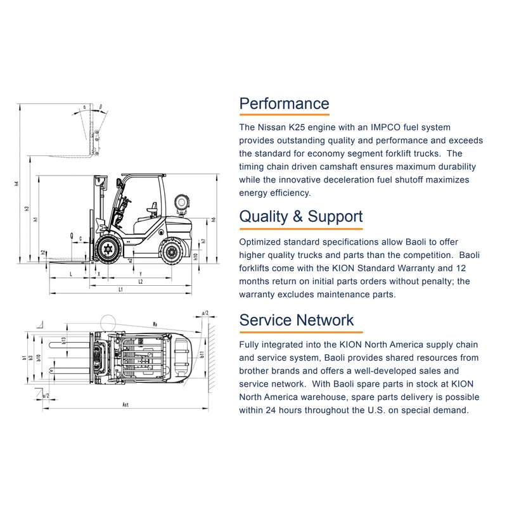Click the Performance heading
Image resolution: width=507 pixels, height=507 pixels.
click(284, 103)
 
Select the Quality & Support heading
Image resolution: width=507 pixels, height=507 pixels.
click(300, 217)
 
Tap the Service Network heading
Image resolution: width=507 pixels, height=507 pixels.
click(296, 320)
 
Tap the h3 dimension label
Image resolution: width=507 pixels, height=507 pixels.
click(27, 208)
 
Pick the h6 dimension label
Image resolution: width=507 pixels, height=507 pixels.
click(214, 219)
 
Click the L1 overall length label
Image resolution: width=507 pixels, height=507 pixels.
click(120, 290)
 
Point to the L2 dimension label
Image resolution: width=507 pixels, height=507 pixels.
click(141, 281)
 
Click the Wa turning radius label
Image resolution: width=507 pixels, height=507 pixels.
click(155, 323)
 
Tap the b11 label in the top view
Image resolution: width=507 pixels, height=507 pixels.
click(202, 355)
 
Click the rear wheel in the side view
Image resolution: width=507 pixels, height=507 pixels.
click(172, 252)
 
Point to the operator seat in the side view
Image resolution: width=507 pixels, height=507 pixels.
click(151, 207)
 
